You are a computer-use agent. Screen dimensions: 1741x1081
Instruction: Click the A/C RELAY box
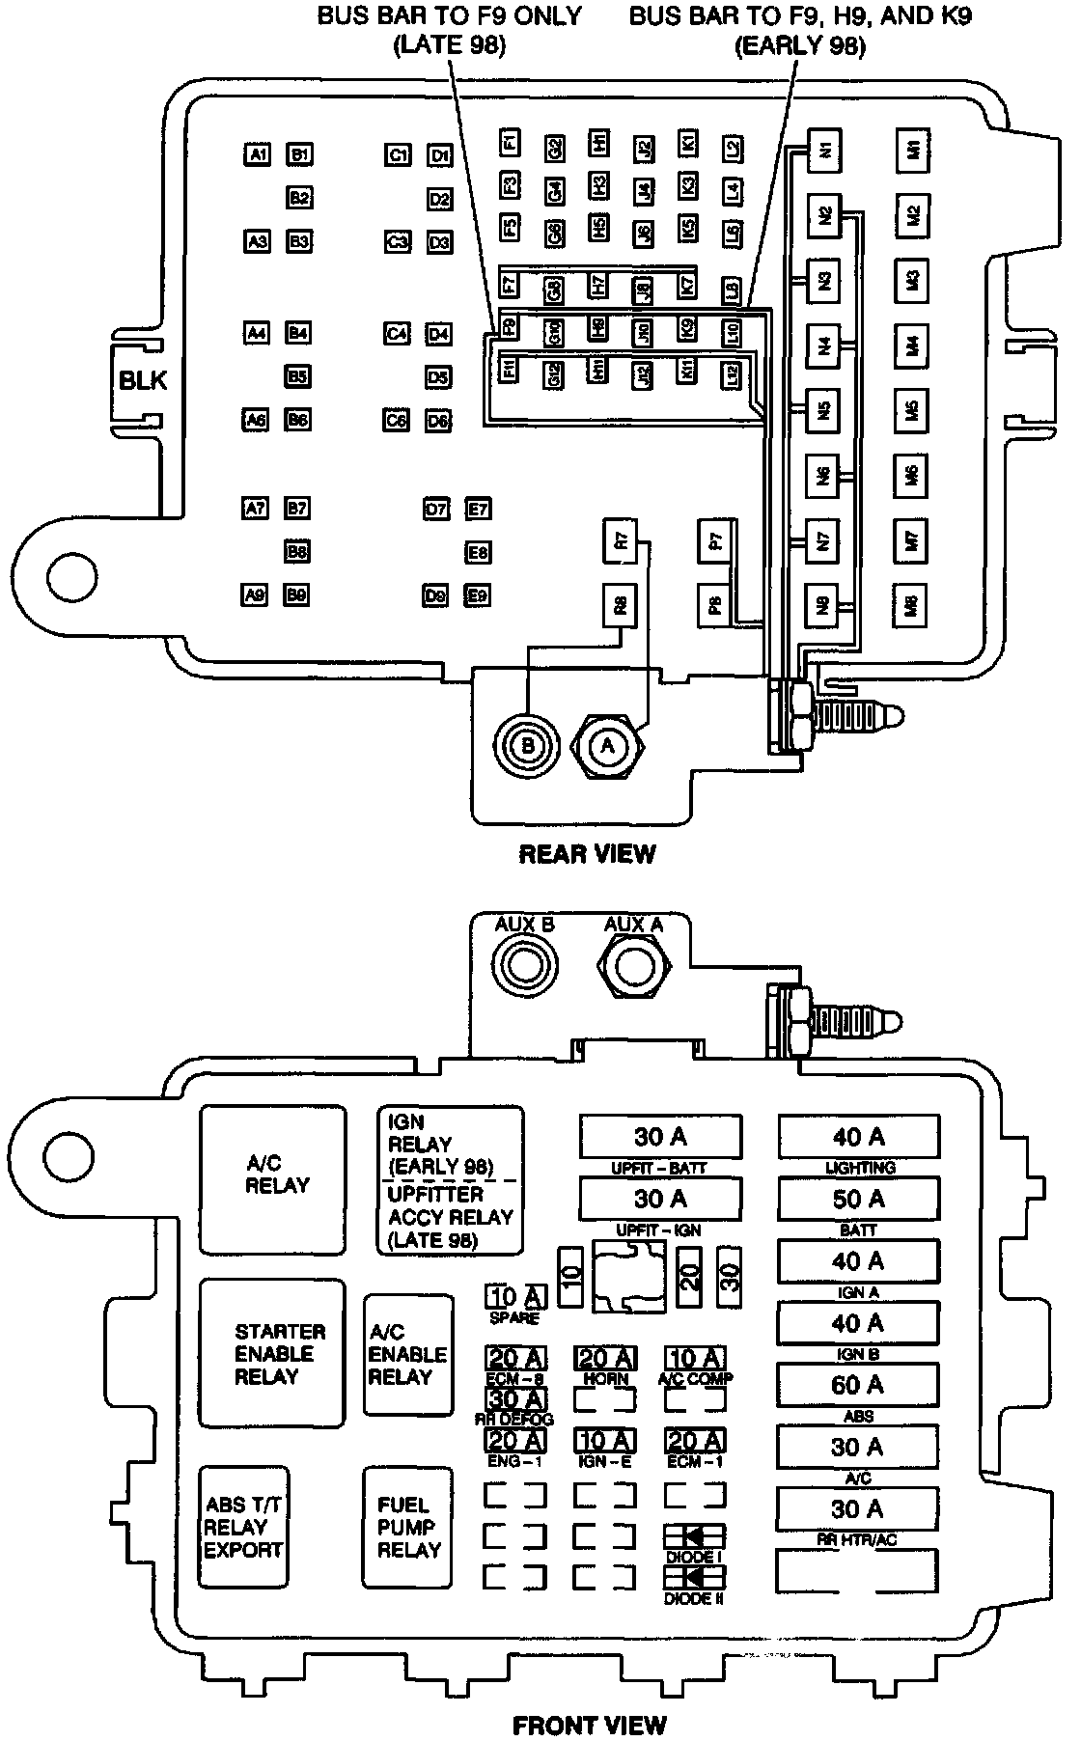tap(273, 1179)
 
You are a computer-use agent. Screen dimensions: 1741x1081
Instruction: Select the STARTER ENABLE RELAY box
tap(273, 1353)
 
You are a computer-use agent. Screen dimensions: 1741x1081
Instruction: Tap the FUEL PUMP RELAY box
tap(408, 1527)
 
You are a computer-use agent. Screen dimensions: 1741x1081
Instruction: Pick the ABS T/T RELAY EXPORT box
tap(244, 1527)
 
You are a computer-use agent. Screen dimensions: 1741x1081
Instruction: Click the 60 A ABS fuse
tap(857, 1385)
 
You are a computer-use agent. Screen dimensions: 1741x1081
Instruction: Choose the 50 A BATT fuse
tap(857, 1199)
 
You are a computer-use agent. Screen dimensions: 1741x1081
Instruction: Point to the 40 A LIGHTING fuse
tap(857, 1137)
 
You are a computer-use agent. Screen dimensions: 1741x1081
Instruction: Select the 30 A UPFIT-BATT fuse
tap(661, 1137)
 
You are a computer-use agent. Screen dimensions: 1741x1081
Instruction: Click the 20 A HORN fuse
tap(606, 1359)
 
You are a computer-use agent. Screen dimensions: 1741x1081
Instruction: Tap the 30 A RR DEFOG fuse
tap(516, 1398)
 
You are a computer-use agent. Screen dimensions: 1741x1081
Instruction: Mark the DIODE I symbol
tap(694, 1536)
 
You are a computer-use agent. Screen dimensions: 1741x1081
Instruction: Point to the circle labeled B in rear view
tap(527, 745)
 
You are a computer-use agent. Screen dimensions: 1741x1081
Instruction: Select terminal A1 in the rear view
tap(257, 153)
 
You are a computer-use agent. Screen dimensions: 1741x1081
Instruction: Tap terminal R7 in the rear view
tap(623, 541)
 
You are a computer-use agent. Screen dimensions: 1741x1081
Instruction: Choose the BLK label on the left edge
tap(143, 379)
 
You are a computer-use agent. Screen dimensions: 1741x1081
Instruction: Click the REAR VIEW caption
tap(587, 854)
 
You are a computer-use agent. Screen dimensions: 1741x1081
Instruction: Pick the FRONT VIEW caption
tap(589, 1724)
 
